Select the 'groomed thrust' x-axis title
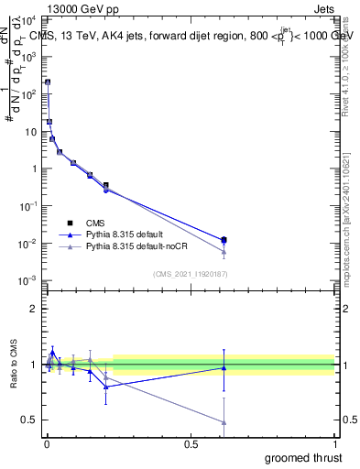303,457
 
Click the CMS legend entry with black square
95,223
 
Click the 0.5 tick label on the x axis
191,443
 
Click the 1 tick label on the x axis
334,443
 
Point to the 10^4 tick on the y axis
30,18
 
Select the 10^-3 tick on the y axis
30,280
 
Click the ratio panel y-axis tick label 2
34,309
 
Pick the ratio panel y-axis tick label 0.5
30,420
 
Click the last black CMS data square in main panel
224,240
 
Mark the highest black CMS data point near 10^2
48,82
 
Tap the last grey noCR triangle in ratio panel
224,422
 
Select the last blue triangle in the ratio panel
224,367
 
